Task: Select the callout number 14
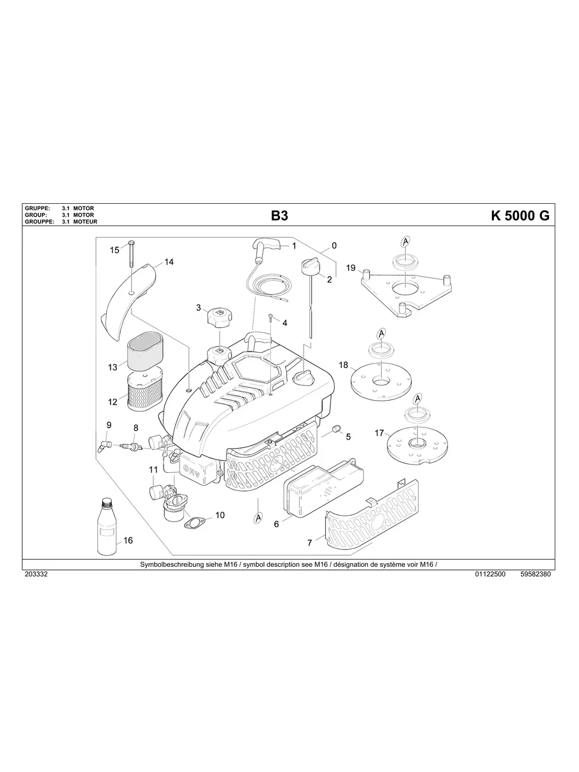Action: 169,262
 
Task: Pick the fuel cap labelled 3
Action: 219,316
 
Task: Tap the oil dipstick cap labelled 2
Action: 310,266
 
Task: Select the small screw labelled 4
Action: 272,318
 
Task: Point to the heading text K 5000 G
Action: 520,215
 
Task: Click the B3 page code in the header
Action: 279,216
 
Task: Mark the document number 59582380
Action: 536,575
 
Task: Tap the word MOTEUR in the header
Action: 84,221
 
